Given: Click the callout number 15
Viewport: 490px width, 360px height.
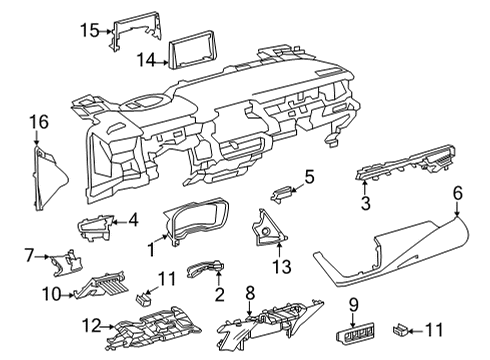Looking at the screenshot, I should pyautogui.click(x=90, y=31).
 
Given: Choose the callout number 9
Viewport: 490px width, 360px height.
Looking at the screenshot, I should pyautogui.click(x=353, y=303).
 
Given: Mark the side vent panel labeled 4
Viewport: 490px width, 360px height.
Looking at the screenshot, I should pyautogui.click(x=97, y=228).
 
